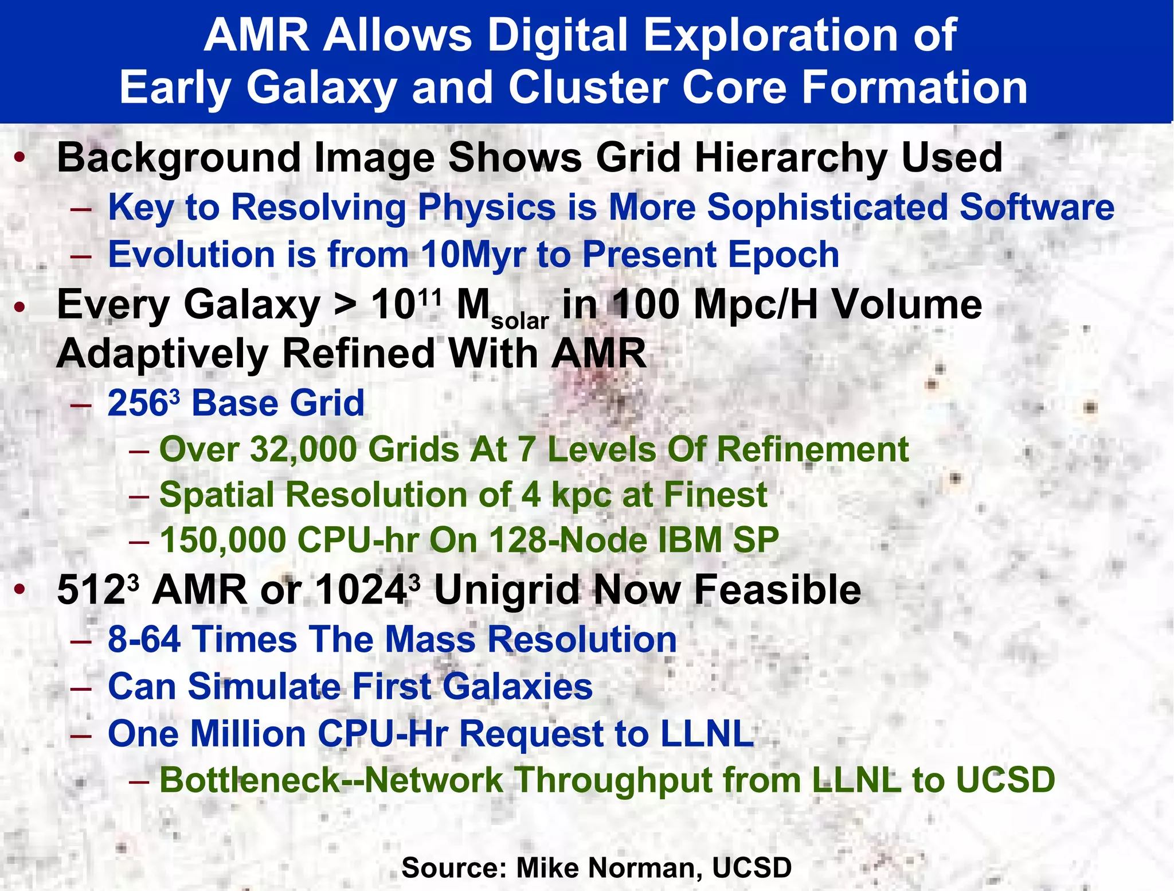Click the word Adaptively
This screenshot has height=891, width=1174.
[x=162, y=354]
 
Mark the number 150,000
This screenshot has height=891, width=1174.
[x=223, y=540]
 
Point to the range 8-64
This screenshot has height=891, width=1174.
[x=144, y=639]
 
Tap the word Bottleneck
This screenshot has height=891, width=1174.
[x=250, y=780]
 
